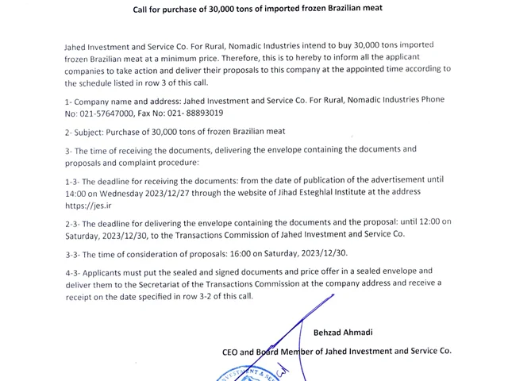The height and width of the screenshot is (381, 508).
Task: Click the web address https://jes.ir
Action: pyautogui.click(x=85, y=205)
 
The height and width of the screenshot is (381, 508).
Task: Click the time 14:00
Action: pyautogui.click(x=77, y=192)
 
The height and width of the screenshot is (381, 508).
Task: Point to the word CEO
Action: pyautogui.click(x=232, y=350)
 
